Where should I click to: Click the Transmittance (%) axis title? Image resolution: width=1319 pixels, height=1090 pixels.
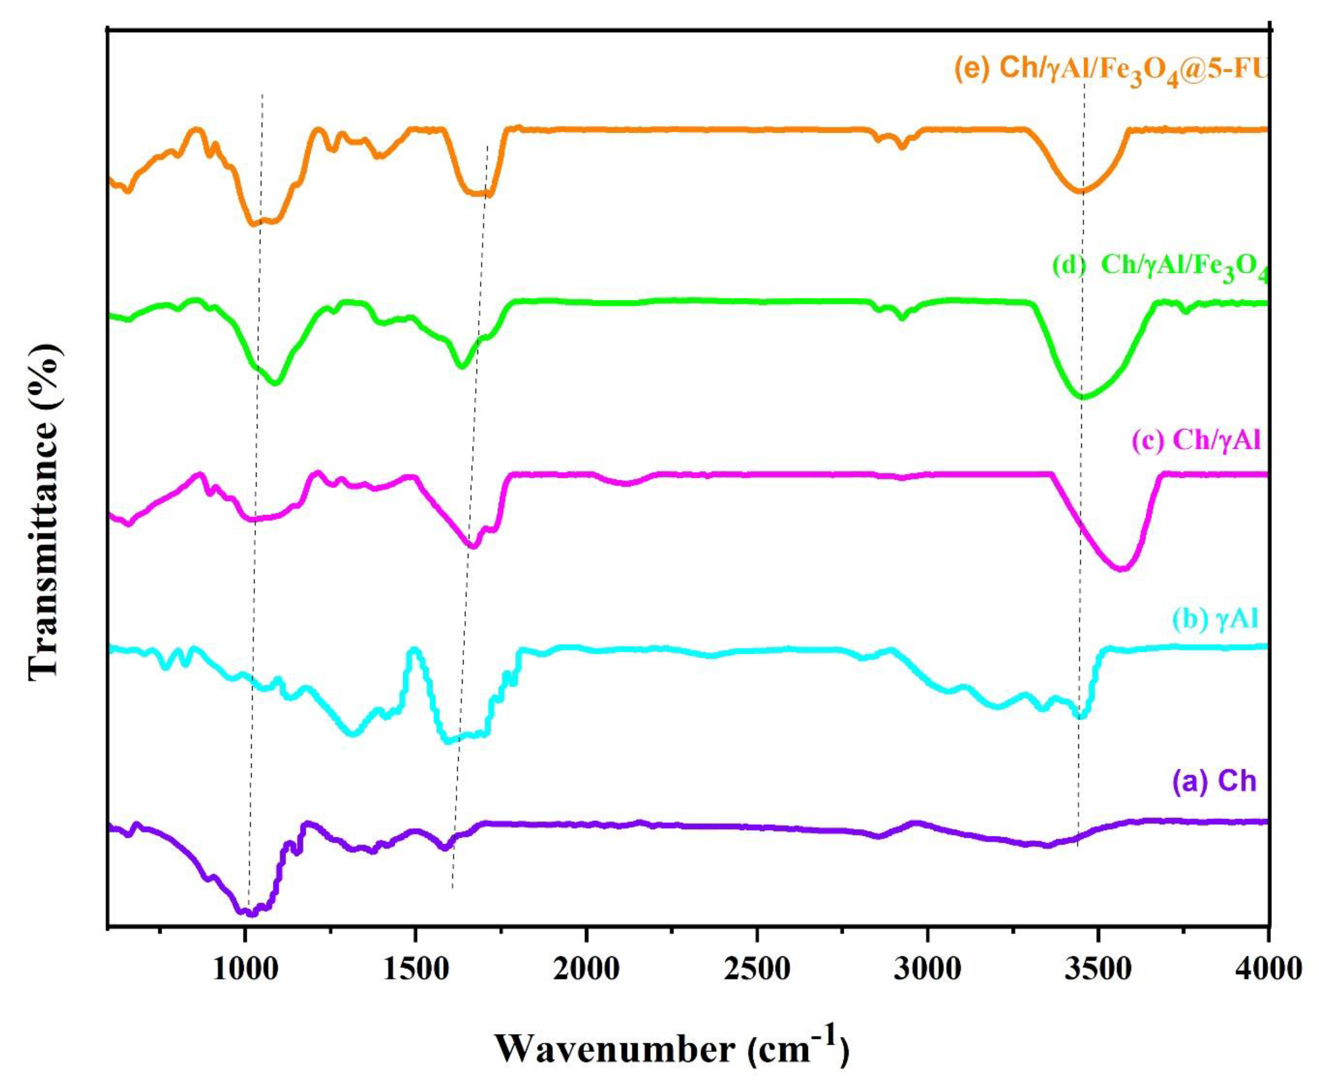(45, 512)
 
